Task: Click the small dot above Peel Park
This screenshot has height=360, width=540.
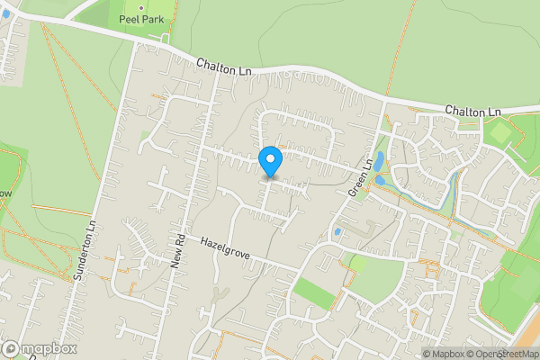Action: coord(140,7)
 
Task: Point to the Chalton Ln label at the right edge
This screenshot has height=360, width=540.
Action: coord(472,110)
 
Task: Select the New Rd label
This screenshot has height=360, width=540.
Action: coord(179,251)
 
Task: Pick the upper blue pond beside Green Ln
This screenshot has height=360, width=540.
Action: coord(379,161)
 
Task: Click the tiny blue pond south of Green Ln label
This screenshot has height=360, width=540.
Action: coord(337,232)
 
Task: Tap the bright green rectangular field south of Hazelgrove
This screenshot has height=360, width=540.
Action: coord(312,292)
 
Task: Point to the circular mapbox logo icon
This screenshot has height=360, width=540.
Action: coord(10,348)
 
